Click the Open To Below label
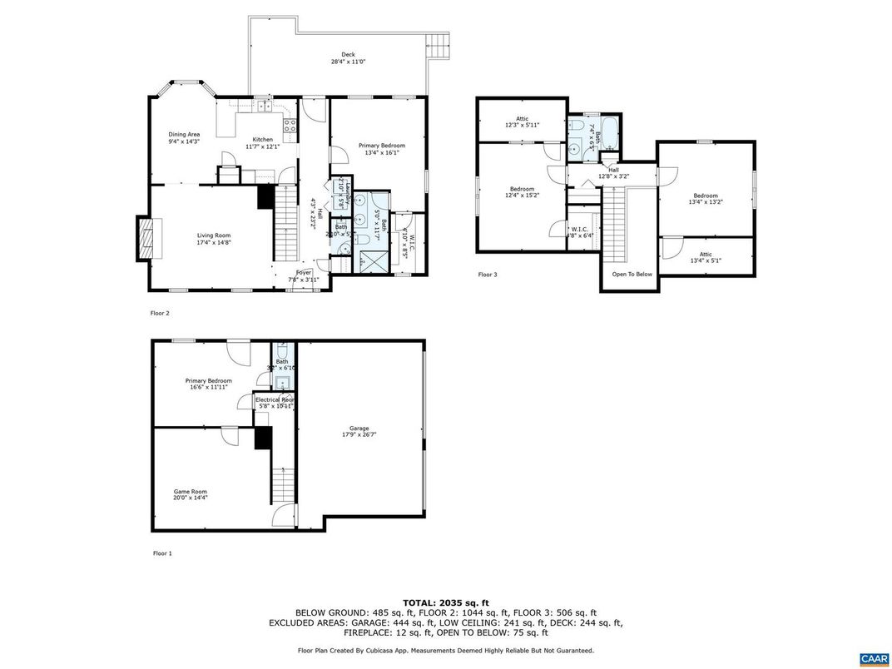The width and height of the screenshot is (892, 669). (632, 274)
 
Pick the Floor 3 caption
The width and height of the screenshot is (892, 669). (487, 274)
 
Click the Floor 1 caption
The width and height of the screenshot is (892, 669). (161, 553)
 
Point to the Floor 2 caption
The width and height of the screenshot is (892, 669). (159, 314)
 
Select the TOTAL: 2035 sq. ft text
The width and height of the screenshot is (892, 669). (445, 602)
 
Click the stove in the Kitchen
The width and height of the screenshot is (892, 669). (290, 126)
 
